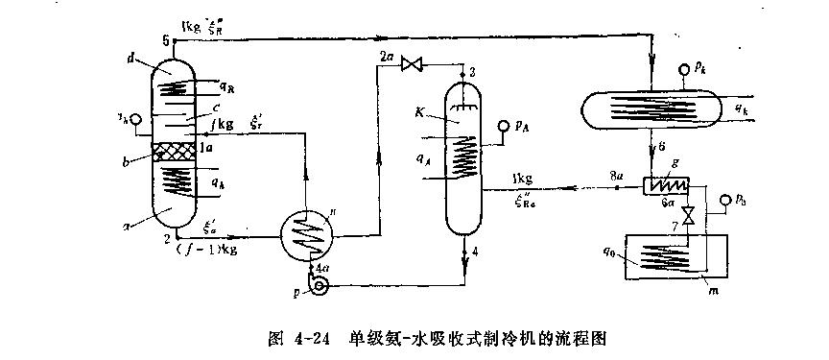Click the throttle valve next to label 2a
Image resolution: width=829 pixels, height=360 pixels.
[x=414, y=64]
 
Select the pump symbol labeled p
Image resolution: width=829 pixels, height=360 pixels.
[x=320, y=284]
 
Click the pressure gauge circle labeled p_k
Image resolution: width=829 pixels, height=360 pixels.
[x=684, y=69]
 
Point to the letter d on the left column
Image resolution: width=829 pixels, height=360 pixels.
[x=129, y=58]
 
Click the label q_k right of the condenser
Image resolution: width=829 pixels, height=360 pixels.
[x=742, y=110]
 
